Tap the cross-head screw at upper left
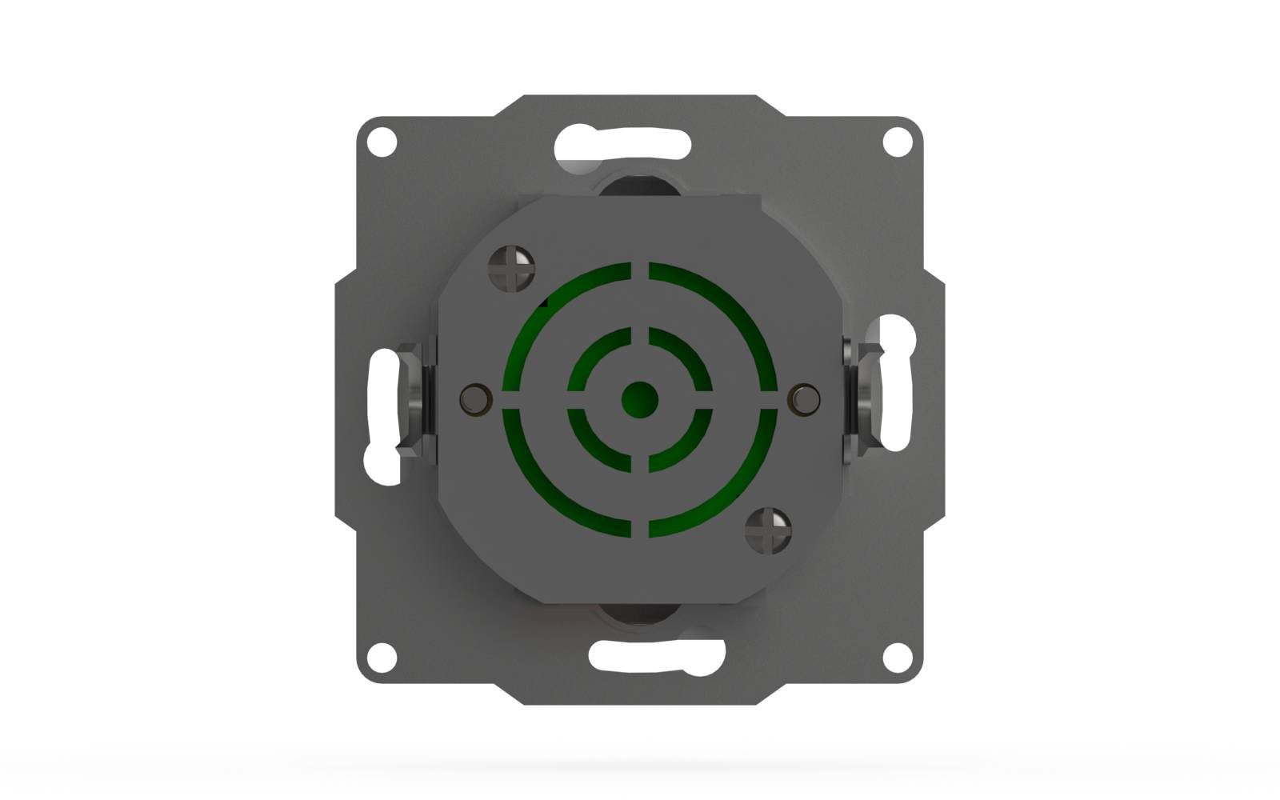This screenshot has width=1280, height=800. coord(511,267)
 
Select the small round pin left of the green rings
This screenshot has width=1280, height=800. coord(475,399)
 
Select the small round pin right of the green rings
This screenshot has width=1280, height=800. coord(804,399)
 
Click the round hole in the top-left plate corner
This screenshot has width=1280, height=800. coord(382,142)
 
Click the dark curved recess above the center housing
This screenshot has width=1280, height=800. coord(638,183)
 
